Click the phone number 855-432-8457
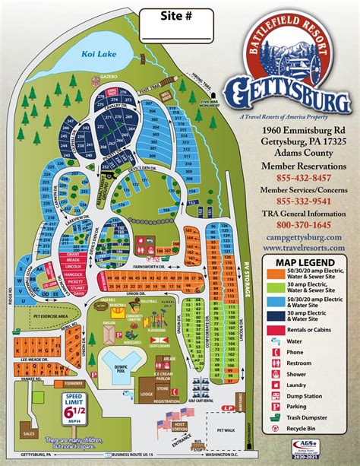(298, 178)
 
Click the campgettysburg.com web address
(298, 237)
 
